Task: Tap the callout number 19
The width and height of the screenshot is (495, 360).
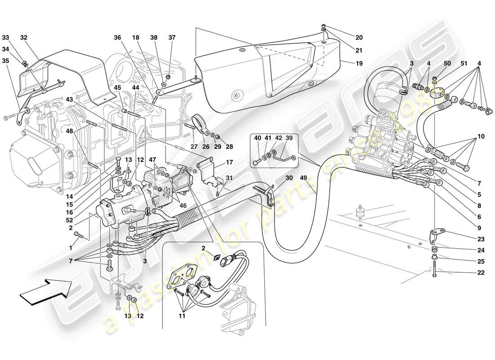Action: coord(359,63)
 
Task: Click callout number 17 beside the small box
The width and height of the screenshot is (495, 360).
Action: coord(229,163)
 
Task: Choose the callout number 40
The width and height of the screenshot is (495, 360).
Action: coord(257,138)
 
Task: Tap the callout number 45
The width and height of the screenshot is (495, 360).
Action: coord(117,87)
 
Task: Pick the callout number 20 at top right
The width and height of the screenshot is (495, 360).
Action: coord(359,38)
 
